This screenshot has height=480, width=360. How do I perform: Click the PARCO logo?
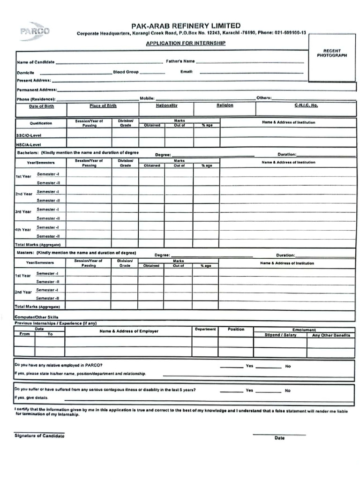(34, 31)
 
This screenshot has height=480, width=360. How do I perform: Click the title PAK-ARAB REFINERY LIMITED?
(186, 26)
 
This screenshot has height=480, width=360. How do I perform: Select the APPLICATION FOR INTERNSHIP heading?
(186, 43)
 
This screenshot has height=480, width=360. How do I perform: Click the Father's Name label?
(180, 61)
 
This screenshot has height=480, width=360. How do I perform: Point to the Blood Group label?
(126, 72)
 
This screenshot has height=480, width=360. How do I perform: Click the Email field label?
(187, 72)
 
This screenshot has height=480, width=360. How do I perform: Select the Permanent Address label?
(37, 89)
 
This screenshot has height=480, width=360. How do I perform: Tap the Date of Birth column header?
(41, 106)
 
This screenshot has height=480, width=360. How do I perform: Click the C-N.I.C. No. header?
(306, 105)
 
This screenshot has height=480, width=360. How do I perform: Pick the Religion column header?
(225, 105)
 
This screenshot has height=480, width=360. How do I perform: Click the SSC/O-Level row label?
(30, 135)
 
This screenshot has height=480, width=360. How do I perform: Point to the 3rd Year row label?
(23, 212)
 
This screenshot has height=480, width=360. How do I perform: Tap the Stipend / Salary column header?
(280, 335)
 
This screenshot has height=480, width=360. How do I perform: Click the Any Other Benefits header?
(331, 335)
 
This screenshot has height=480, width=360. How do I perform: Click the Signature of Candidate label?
(39, 436)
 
